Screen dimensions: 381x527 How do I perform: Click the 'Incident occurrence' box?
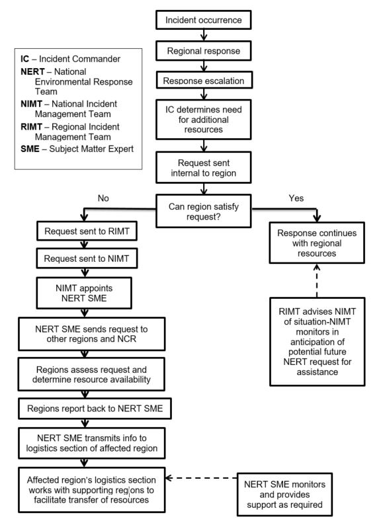pyautogui.click(x=204, y=20)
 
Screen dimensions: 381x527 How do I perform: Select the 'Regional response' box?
pyautogui.click(x=204, y=51)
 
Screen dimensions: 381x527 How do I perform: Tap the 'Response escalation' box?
pyautogui.click(x=204, y=80)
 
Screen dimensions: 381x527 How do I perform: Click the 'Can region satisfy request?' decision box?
pyautogui.click(x=204, y=211)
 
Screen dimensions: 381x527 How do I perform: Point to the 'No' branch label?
pyautogui.click(x=103, y=198)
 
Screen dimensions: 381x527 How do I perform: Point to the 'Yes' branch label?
pyautogui.click(x=296, y=198)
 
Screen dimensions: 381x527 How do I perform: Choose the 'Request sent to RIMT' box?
pyautogui.click(x=87, y=231)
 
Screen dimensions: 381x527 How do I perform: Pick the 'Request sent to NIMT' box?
pyautogui.click(x=87, y=259)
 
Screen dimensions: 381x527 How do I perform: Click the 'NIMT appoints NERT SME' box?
pyautogui.click(x=84, y=293)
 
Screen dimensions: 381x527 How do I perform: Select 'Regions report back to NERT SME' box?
pyautogui.click(x=95, y=409)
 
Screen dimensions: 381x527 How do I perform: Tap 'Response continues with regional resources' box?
pyautogui.click(x=317, y=243)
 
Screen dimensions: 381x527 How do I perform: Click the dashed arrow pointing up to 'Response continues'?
pyautogui.click(x=317, y=280)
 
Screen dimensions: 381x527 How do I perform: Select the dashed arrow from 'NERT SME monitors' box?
pyautogui.click(x=202, y=478)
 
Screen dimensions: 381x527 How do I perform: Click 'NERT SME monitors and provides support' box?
pyautogui.click(x=284, y=495)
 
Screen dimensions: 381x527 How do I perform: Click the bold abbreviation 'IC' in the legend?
pyautogui.click(x=25, y=59)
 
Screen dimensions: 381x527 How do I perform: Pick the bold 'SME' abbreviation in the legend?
pyautogui.click(x=30, y=149)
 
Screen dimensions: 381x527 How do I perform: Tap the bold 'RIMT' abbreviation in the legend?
pyautogui.click(x=32, y=127)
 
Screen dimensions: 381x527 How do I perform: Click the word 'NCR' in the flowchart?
pyautogui.click(x=127, y=339)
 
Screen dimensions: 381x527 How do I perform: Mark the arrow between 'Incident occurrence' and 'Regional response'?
pyautogui.click(x=204, y=35)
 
